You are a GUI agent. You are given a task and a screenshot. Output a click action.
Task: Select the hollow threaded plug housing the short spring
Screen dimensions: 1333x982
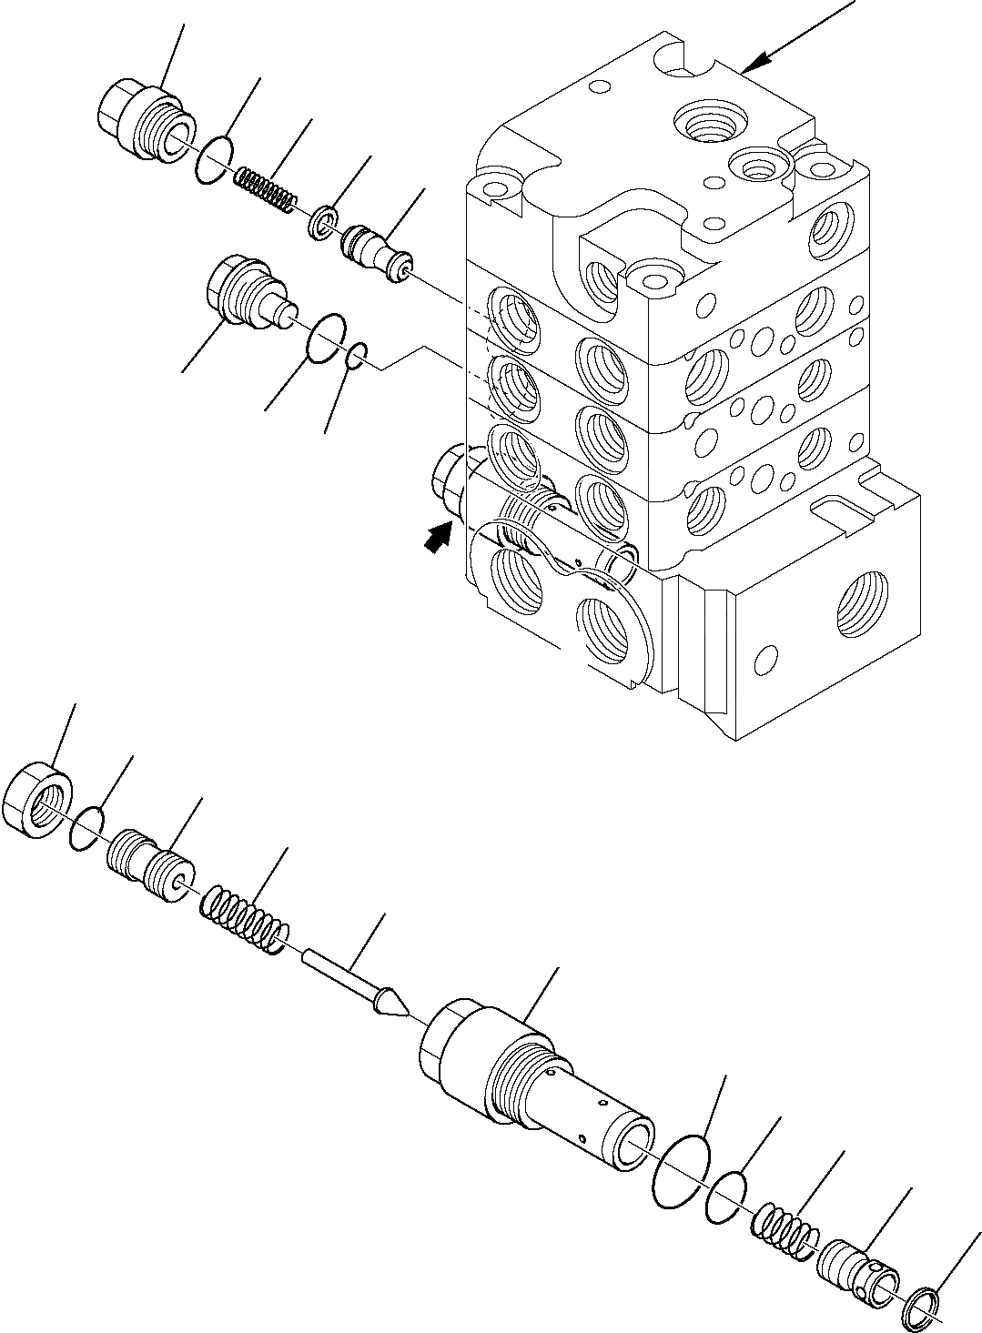point(144,123)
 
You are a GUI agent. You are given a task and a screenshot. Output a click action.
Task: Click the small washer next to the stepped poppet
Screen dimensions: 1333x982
point(322,221)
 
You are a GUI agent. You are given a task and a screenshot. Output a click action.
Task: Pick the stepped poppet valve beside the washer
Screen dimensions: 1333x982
point(374,248)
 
